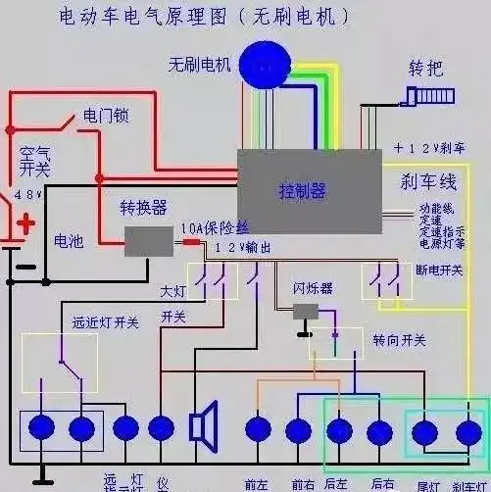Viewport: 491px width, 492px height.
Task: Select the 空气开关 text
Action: point(33,164)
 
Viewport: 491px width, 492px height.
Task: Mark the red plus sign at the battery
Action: point(25,223)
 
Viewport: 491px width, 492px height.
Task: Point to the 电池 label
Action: point(68,240)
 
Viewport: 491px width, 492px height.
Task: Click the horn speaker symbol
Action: point(203,427)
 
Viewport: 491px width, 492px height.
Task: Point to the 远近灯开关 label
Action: point(78,321)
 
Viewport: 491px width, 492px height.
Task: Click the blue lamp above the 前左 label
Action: point(258,428)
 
